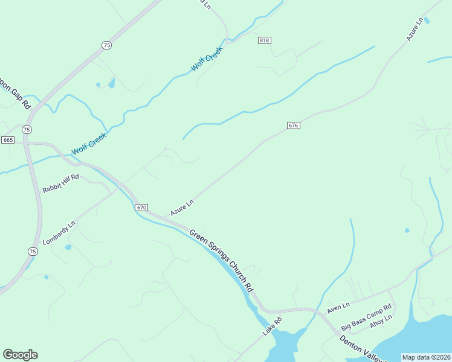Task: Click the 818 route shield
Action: [264, 40]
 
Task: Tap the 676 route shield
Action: [294, 125]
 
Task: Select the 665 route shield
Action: [7, 140]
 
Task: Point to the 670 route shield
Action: [141, 208]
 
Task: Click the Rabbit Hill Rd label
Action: [60, 183]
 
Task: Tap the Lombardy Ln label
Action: [60, 232]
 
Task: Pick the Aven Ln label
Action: [338, 308]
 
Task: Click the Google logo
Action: [20, 355]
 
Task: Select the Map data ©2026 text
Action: [426, 357]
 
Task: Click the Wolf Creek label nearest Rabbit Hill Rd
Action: [89, 144]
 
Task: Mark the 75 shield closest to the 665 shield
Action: [27, 130]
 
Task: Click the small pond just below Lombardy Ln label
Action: [68, 247]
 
